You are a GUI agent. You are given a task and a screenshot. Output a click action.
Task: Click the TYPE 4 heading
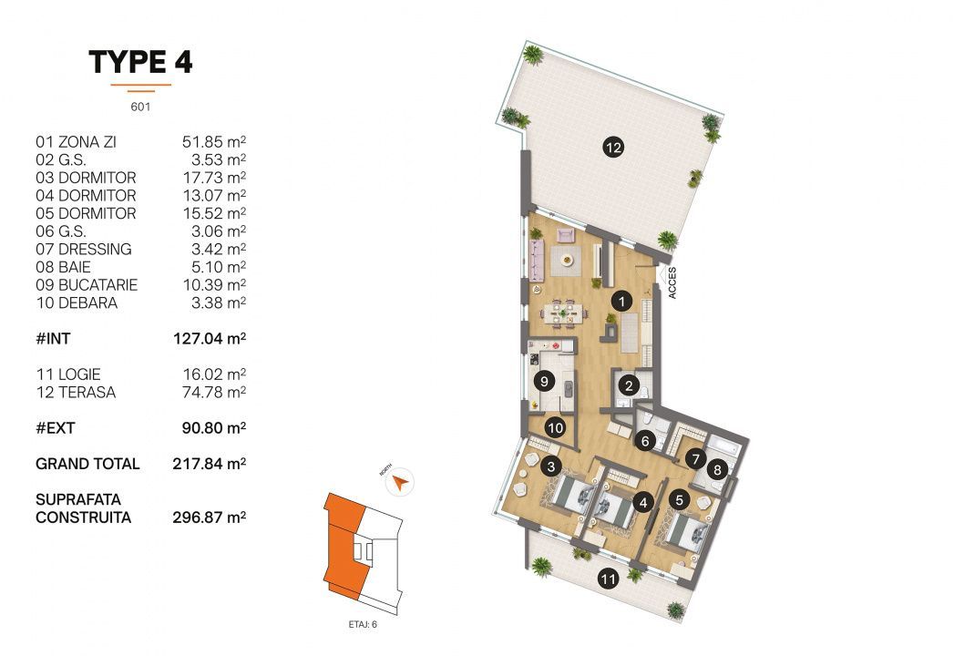coord(140,62)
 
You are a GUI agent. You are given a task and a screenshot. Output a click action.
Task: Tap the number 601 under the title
coord(140,106)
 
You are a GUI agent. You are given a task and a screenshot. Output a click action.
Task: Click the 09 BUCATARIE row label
coord(87,285)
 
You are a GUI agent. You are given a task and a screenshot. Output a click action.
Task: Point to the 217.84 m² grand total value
coord(210,464)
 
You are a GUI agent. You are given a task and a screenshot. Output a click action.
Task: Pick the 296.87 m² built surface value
coord(210,518)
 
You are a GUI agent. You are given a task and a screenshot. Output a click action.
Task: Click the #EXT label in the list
coord(53,427)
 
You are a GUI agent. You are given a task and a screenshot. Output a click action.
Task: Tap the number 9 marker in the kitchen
coord(544,381)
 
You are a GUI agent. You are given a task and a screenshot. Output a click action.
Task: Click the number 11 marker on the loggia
coord(608,577)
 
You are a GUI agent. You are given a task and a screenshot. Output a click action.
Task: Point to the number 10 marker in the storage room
coord(555,425)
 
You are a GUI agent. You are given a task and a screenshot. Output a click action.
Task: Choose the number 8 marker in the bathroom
coord(717,471)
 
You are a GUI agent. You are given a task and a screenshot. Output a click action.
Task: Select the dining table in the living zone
coord(559,314)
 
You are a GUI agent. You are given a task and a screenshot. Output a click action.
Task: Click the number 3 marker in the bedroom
coord(549,467)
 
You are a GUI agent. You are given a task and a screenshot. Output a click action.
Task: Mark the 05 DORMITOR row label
coord(86,213)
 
